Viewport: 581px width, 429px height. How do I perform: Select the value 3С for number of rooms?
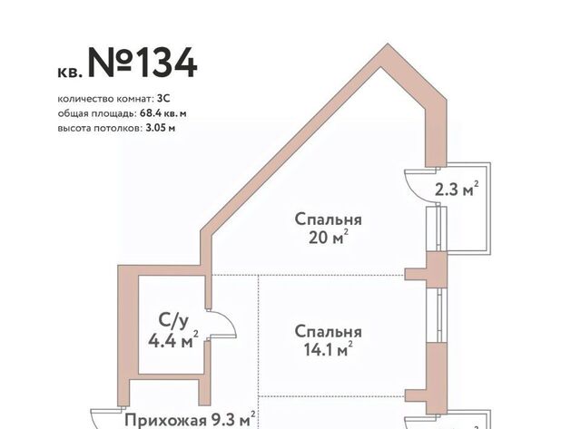tap(163, 99)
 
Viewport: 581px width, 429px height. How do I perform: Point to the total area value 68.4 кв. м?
tap(163, 113)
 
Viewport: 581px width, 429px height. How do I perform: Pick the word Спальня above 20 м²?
tap(329, 219)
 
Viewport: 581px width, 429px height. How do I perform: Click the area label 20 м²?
tap(329, 238)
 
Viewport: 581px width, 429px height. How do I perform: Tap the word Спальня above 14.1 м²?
tap(329, 332)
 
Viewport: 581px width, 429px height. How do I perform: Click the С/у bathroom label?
tap(173, 320)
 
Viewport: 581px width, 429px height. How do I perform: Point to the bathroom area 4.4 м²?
tap(173, 340)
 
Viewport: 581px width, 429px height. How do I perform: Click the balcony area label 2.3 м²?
tap(457, 190)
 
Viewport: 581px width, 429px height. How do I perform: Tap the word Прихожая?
tap(165, 421)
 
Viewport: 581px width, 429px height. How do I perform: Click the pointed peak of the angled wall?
tap(388, 44)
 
